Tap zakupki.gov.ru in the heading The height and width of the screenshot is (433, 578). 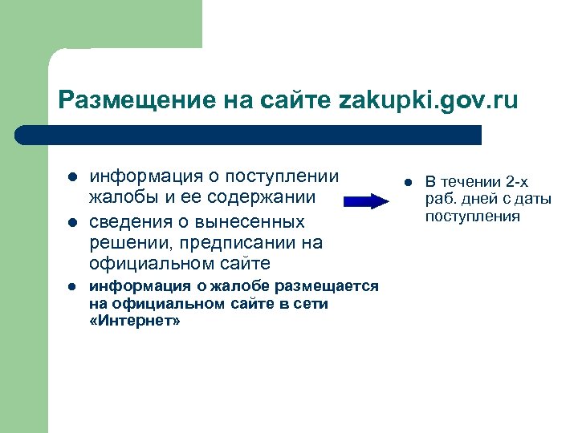pos(429,101)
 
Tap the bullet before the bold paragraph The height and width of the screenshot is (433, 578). pos(71,286)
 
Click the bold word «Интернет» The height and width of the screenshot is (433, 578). pos(135,320)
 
